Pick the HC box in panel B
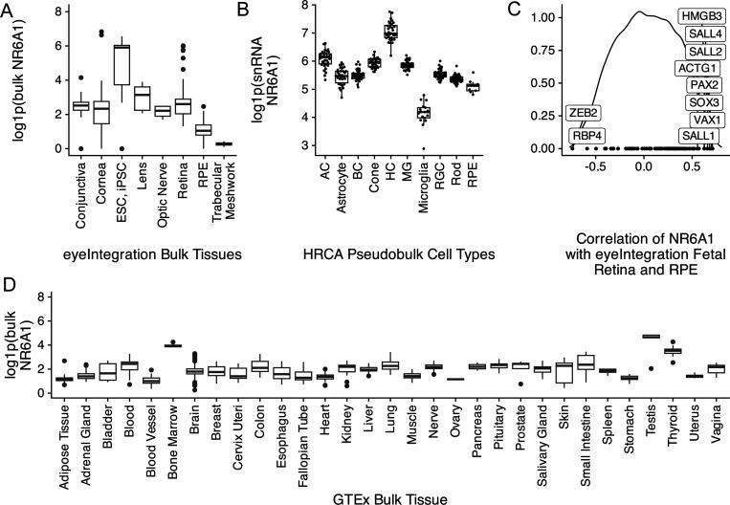390,33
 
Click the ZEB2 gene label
583,112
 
